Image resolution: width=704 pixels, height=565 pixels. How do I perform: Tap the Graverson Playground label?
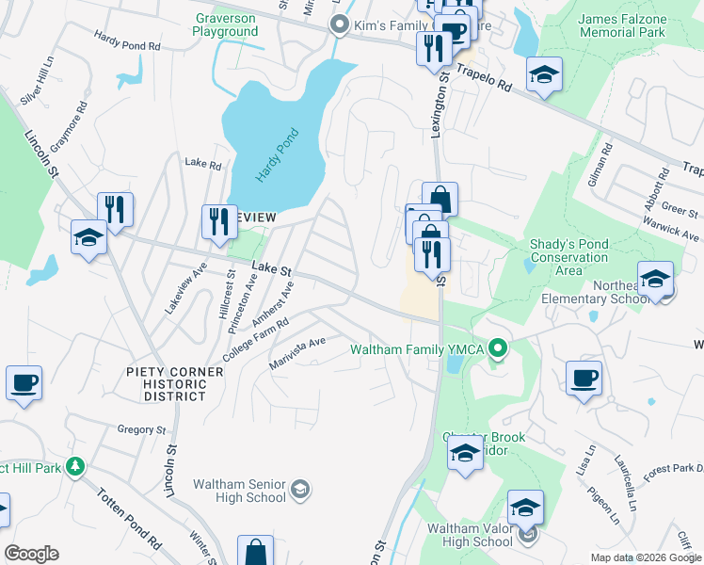coord(226,24)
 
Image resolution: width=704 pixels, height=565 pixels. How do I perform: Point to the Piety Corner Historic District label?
coord(175,384)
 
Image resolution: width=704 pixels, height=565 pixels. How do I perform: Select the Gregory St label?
coord(142,429)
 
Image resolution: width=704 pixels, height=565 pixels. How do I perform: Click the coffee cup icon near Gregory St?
coord(24,383)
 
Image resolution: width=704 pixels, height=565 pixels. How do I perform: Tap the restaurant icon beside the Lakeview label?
coord(219,222)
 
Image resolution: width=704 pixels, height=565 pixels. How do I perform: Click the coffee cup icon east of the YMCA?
coord(584,379)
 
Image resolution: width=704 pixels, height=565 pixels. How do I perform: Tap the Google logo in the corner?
coord(31,554)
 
